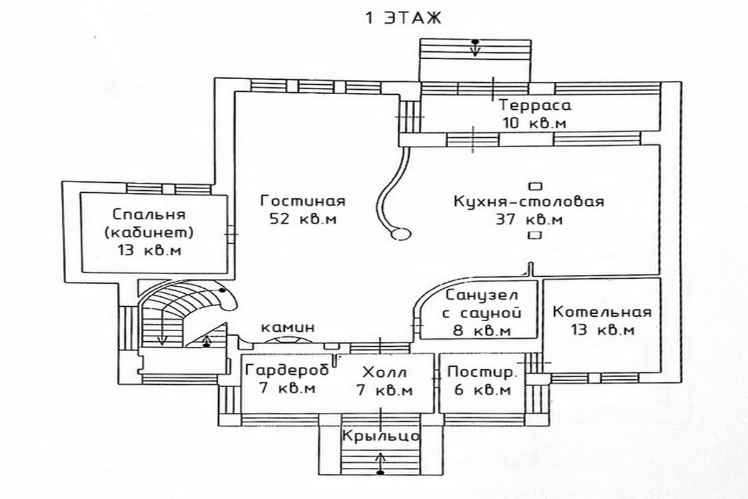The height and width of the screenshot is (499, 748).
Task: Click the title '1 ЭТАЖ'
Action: pyautogui.click(x=403, y=17)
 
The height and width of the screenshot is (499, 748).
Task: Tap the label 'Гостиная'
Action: pyautogui.click(x=303, y=202)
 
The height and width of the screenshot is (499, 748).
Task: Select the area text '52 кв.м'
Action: pyautogui.click(x=303, y=220)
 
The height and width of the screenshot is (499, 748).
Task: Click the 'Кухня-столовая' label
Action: pyautogui.click(x=529, y=202)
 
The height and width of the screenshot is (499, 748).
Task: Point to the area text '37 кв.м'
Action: pyautogui.click(x=529, y=220)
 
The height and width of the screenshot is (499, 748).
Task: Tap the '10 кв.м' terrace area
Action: pyautogui.click(x=534, y=123)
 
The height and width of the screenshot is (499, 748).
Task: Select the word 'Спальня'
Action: pyautogui.click(x=150, y=215)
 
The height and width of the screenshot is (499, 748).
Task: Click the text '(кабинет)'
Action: pyautogui.click(x=150, y=233)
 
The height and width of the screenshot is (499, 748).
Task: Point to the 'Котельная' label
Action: pyautogui.click(x=602, y=312)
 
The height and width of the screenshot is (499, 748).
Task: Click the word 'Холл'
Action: pyautogui.click(x=384, y=373)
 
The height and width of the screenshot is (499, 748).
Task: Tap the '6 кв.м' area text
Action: pyautogui.click(x=480, y=390)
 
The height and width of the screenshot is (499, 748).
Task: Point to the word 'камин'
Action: pyautogui.click(x=288, y=327)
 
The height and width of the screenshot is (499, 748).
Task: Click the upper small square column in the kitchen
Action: pyautogui.click(x=534, y=186)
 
